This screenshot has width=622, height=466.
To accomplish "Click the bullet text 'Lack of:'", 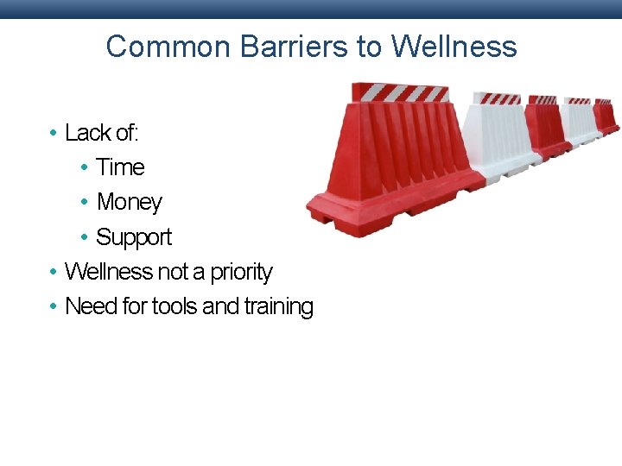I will click(102, 133).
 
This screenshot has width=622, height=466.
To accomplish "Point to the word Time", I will click(120, 167).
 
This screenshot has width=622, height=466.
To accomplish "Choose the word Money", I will click(130, 202).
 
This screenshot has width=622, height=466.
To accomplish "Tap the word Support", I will click(134, 237).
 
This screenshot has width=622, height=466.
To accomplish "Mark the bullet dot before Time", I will click(84, 167).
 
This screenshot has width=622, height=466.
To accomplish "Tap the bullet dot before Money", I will click(84, 202).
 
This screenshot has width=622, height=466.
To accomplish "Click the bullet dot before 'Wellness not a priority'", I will click(54, 272).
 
